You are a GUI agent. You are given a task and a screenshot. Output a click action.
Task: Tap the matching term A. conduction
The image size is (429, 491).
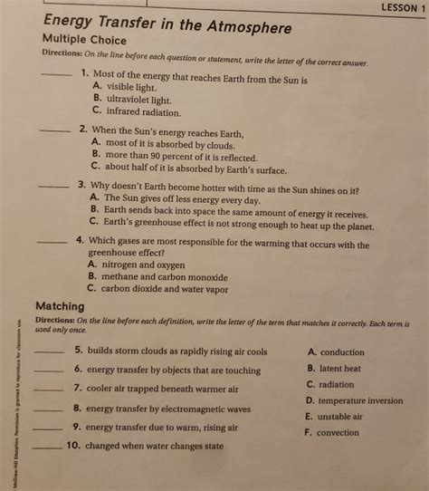pos(336,352)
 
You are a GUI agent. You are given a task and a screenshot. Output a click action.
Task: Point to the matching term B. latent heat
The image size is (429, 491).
pos(334,369)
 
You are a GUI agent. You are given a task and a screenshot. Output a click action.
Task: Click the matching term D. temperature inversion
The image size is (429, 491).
pos(354,400)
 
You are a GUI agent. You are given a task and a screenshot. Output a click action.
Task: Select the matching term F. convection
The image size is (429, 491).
pos(332,433)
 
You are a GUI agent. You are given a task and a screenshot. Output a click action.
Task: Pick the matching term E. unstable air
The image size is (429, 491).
pos(334,417)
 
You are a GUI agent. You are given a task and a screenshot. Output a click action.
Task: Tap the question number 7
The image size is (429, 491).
pos(78,388)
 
